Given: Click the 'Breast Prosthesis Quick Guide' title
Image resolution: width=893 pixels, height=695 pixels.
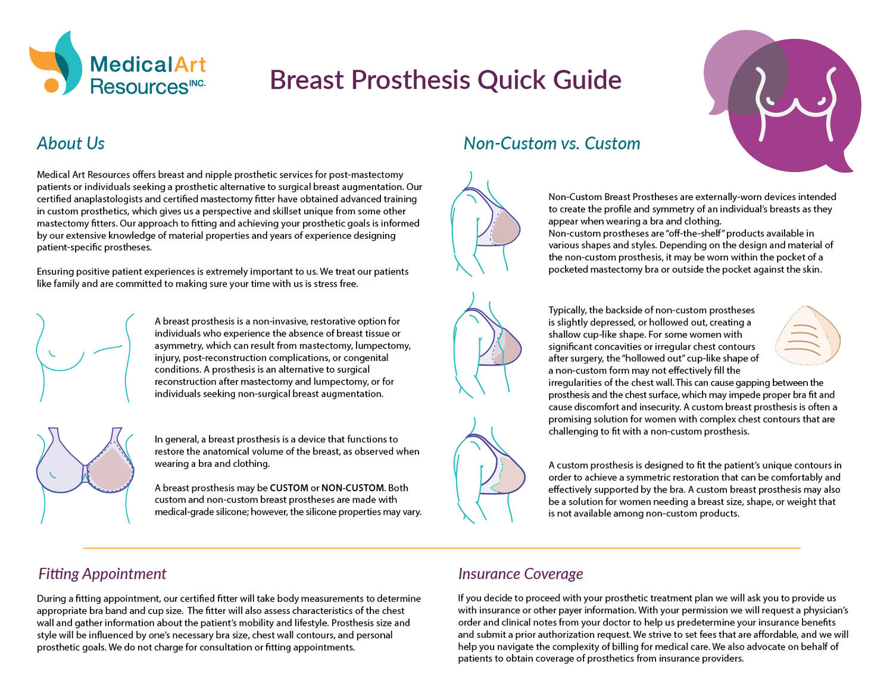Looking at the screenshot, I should pos(445,80).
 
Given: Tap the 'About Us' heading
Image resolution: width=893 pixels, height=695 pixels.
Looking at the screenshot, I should pos(71,144).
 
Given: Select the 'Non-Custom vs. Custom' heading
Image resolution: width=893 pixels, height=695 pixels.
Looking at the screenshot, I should pos(551,144).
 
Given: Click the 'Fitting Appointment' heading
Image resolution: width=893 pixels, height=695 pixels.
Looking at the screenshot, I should pos(102,574).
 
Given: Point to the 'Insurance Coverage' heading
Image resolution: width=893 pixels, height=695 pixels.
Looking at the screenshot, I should pos(520,574).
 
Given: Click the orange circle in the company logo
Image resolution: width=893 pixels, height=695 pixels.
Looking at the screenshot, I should pos(52,85).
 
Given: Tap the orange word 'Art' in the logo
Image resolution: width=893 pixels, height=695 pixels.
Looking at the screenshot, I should pos(190,64).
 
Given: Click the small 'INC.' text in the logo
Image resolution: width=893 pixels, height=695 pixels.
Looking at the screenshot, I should pos(197,83).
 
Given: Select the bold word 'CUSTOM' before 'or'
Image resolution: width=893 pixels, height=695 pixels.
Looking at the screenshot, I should pos(289,488).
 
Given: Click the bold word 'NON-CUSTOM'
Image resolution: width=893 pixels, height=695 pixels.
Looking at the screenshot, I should pos(352,488).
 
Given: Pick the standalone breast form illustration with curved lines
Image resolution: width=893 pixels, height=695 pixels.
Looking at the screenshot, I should pos(807,336).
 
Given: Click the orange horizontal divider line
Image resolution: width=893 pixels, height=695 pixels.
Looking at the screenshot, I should pos(442,547).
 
